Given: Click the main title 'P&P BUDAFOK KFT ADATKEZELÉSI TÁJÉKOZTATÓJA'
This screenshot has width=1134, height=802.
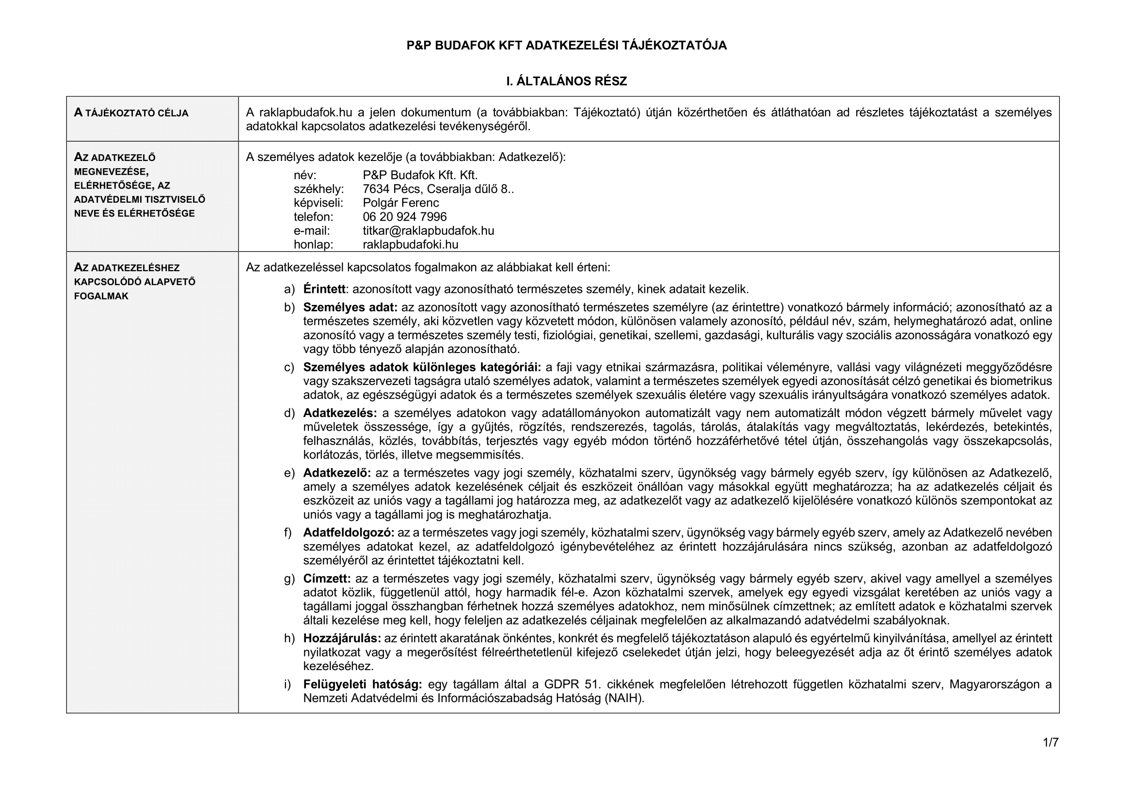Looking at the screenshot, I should pyautogui.click(x=566, y=46).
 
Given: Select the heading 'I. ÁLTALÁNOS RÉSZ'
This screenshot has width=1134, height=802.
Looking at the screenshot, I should pyautogui.click(x=566, y=81).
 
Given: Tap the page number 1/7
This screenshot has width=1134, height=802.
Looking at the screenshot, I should pyautogui.click(x=1051, y=742).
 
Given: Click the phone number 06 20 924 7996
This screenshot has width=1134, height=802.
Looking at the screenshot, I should pyautogui.click(x=404, y=217).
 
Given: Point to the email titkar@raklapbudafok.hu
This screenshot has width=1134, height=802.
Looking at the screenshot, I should pyautogui.click(x=428, y=231).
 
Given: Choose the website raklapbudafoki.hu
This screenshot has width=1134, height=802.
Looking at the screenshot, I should pyautogui.click(x=411, y=244).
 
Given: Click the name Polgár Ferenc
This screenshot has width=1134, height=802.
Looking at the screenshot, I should pyautogui.click(x=400, y=203).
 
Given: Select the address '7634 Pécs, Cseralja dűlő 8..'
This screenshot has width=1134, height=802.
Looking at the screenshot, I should pyautogui.click(x=438, y=189).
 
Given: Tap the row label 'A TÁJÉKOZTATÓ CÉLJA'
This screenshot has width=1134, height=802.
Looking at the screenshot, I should pyautogui.click(x=131, y=113).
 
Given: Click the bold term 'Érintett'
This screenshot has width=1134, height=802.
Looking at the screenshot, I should pyautogui.click(x=324, y=289).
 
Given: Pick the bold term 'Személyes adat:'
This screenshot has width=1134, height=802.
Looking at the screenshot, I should pyautogui.click(x=350, y=307).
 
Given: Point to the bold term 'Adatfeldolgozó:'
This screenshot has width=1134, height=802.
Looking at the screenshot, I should pyautogui.click(x=349, y=532).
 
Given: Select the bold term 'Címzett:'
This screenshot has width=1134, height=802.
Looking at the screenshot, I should pyautogui.click(x=327, y=578).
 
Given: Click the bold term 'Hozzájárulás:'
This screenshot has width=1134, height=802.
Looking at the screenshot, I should pyautogui.click(x=342, y=638).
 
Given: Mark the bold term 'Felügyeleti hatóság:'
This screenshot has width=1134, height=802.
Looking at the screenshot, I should pyautogui.click(x=363, y=684).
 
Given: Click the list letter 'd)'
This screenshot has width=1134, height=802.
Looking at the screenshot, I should pyautogui.click(x=289, y=413).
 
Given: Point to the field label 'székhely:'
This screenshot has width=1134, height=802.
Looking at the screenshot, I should pyautogui.click(x=319, y=189).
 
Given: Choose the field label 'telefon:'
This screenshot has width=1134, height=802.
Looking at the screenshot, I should pyautogui.click(x=313, y=217).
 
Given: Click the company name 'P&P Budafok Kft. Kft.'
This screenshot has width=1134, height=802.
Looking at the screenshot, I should pyautogui.click(x=420, y=176).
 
